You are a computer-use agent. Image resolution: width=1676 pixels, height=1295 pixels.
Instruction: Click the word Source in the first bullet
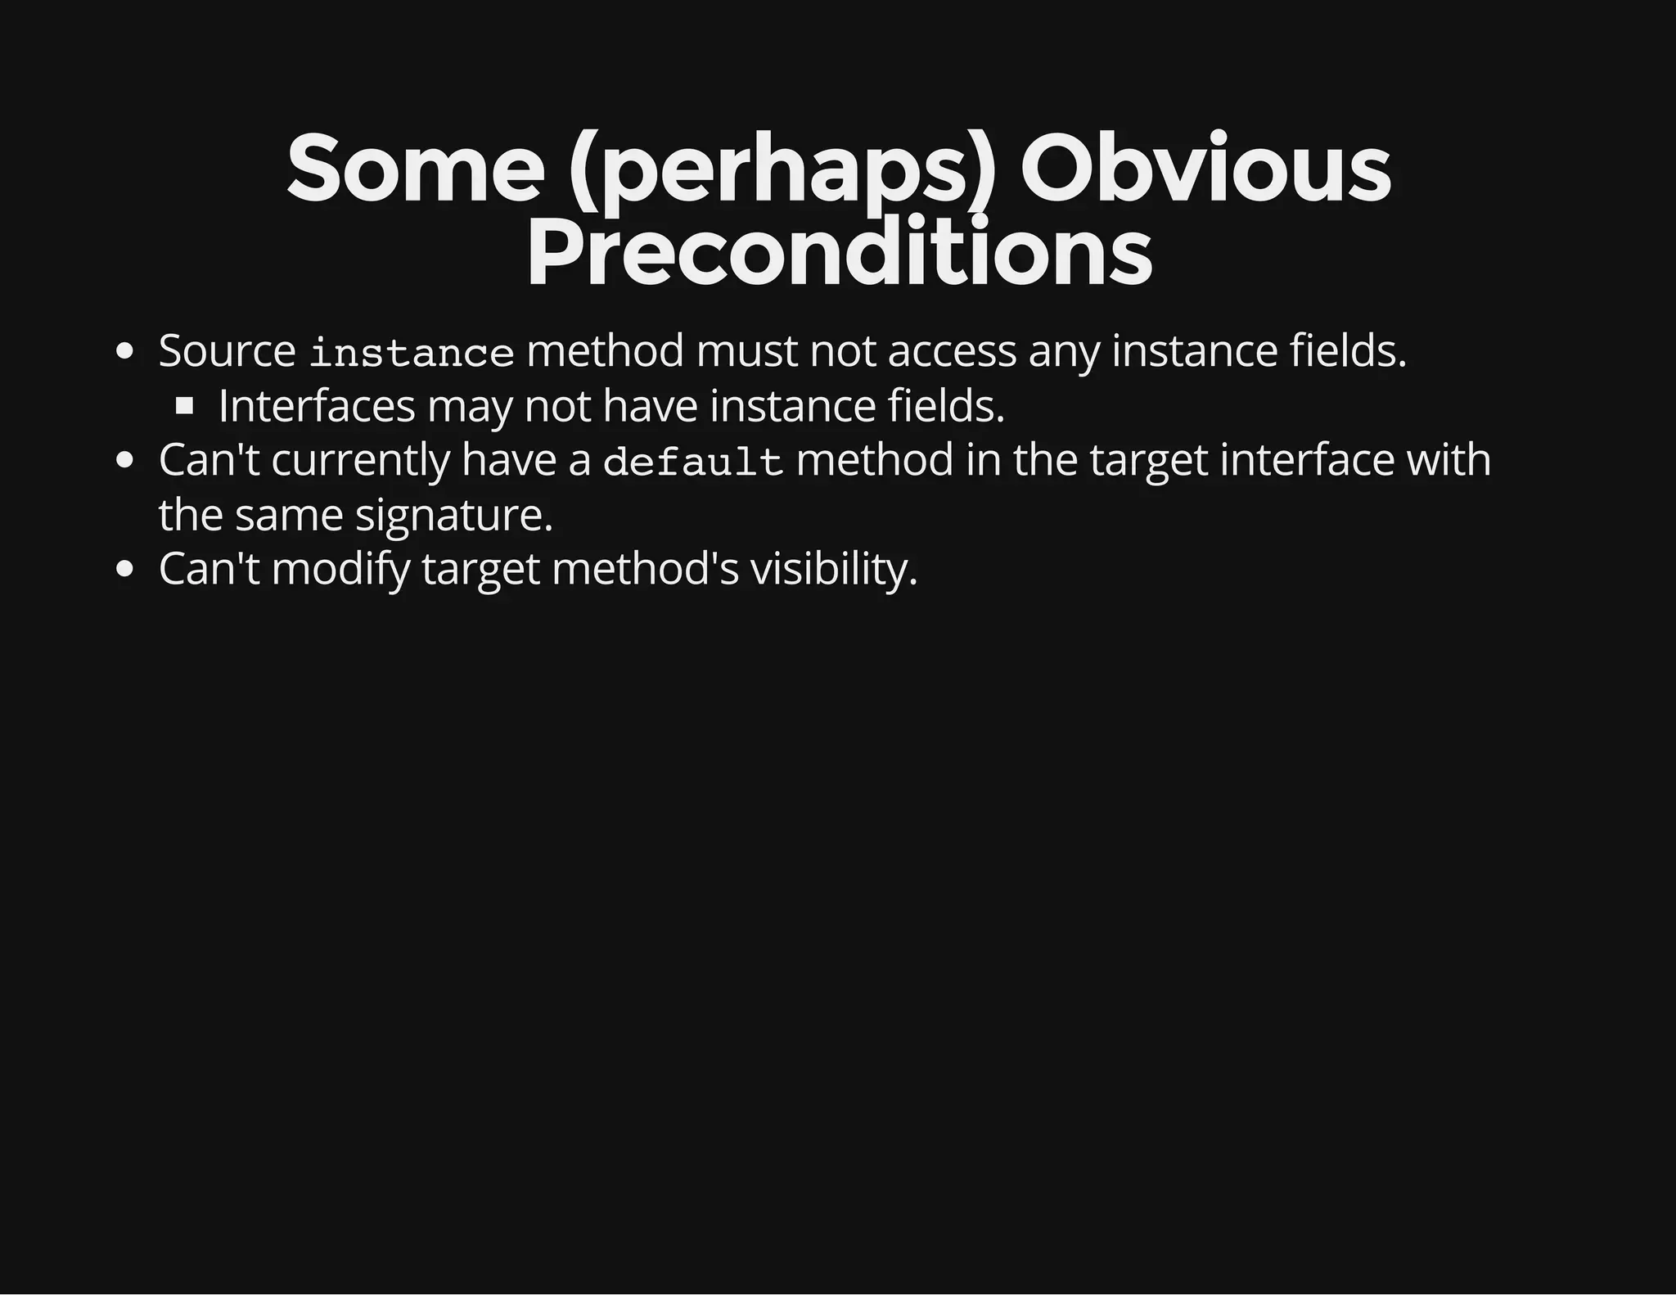[x=227, y=351]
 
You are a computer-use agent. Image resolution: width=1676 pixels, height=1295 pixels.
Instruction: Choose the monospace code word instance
[x=412, y=354]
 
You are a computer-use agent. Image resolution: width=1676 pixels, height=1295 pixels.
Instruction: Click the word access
[x=952, y=351]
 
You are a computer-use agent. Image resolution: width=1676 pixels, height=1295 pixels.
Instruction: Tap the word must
[x=746, y=351]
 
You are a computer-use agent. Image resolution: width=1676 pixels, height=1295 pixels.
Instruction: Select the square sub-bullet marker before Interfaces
[x=184, y=405]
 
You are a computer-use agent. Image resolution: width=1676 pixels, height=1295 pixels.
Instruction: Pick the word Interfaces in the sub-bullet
[x=317, y=406]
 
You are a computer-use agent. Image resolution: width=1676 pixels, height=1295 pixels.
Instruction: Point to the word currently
[x=360, y=460]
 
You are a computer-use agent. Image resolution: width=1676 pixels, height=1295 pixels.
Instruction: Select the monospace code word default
[x=693, y=463]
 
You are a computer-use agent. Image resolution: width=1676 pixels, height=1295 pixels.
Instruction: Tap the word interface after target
[x=1306, y=459]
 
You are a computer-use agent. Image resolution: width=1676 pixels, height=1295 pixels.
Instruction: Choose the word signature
[x=454, y=516]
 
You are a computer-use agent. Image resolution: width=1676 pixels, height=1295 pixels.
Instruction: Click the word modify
[x=340, y=570]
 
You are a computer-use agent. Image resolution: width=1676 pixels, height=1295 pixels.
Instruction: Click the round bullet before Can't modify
[x=124, y=570]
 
